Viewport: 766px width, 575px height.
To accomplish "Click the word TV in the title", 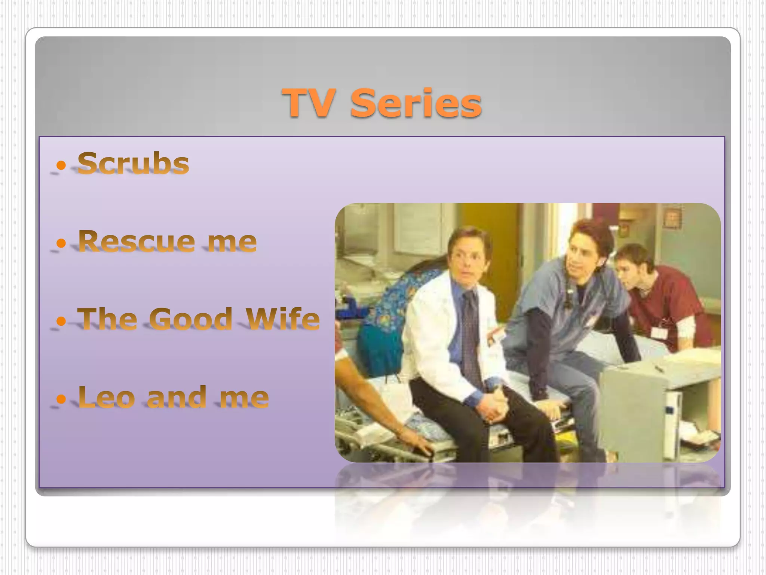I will click(309, 103).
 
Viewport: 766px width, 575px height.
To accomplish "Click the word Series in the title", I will click(416, 103).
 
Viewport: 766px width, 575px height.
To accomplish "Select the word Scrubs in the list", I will click(133, 163).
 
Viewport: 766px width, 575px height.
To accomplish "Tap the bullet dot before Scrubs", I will click(61, 165).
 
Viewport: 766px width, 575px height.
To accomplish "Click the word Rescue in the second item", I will click(137, 241).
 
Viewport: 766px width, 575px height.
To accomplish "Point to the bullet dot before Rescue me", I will click(61, 243).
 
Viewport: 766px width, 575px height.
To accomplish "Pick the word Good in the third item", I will click(191, 319).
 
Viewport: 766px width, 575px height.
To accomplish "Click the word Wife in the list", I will click(283, 319).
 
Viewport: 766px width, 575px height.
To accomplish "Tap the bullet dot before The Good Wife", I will click(61, 321).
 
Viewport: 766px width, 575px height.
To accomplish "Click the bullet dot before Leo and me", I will click(61, 399).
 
